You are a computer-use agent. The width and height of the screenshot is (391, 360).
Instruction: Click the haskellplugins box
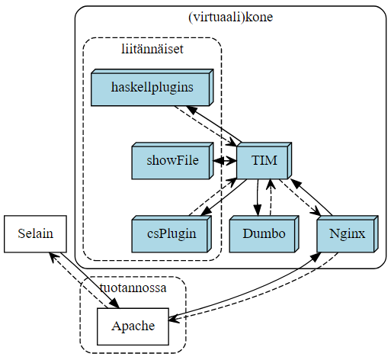pos(151,88)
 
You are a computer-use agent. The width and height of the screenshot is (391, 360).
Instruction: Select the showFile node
pos(171,162)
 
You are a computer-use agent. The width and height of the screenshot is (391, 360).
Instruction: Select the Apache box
pos(133,326)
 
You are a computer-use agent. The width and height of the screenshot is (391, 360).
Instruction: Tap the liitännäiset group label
pos(152,49)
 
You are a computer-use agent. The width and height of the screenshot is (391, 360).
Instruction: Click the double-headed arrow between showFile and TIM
pos(224,162)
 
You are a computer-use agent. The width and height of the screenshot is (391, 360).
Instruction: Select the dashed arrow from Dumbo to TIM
pos(271,198)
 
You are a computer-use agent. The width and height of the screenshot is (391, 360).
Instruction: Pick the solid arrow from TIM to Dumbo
pos(258,198)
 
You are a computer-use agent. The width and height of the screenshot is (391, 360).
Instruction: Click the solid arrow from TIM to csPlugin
pos(224,195)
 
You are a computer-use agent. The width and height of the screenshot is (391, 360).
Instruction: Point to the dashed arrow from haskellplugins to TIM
pos(204,126)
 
